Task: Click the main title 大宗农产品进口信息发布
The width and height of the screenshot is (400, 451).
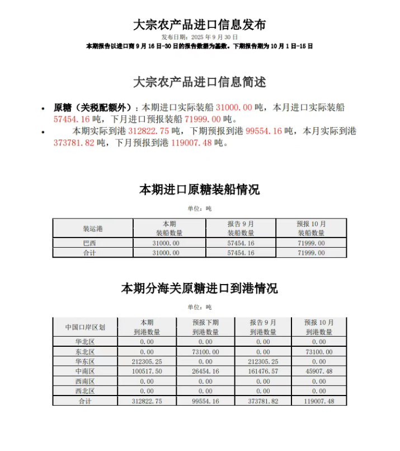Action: (200, 25)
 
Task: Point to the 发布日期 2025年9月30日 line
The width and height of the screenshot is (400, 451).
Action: (200, 36)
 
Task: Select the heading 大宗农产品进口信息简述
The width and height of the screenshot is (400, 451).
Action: (200, 82)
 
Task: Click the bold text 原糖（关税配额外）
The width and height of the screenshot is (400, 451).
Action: (93, 108)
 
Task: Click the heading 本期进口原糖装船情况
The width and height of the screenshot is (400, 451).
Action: (200, 190)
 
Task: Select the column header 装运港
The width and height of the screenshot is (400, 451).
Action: (93, 229)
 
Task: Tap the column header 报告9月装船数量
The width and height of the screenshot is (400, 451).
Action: (241, 228)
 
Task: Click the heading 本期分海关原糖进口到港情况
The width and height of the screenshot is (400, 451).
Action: (200, 289)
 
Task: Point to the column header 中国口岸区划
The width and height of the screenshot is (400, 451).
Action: (85, 327)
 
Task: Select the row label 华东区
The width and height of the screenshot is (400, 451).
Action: (85, 361)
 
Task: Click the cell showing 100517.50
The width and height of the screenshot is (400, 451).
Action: (147, 371)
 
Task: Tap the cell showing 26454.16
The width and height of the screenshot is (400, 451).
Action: (205, 371)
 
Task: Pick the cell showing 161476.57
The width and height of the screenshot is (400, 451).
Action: (263, 371)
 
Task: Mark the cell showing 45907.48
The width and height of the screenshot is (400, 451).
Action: (319, 371)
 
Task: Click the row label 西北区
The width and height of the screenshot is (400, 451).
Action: (85, 391)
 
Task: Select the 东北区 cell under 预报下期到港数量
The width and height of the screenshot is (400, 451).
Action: (205, 352)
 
